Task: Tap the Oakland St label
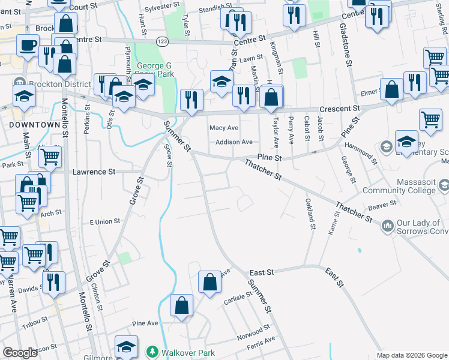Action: [310, 214]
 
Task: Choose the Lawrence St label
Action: [94, 172]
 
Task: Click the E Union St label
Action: [104, 222]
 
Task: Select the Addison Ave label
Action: [234, 142]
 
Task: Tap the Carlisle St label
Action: [237, 298]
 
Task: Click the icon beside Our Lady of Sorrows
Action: [388, 226]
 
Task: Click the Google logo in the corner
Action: [20, 353]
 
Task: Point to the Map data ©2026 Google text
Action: [412, 355]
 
